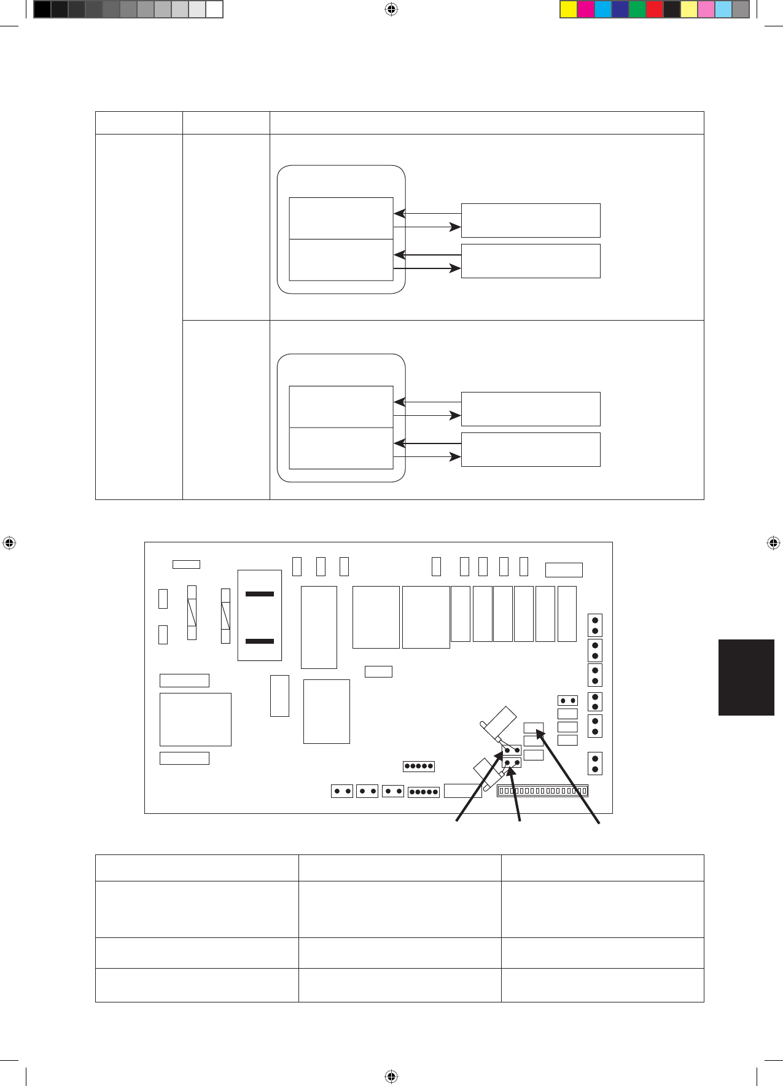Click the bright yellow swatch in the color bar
pyautogui.click(x=569, y=9)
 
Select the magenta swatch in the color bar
pyautogui.click(x=586, y=9)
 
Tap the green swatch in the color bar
pyautogui.click(x=637, y=9)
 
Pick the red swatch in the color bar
pyautogui.click(x=655, y=9)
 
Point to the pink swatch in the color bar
pyautogui.click(x=706, y=9)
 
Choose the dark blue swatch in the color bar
pyautogui.click(x=620, y=9)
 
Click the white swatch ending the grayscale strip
pyautogui.click(x=214, y=9)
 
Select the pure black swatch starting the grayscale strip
pyautogui.click(x=42, y=9)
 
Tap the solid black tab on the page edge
pyautogui.click(x=746, y=677)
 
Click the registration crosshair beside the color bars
pyautogui.click(x=391, y=9)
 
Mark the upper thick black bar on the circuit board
pyautogui.click(x=260, y=594)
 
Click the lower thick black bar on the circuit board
pyautogui.click(x=260, y=641)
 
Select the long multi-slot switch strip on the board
pyautogui.click(x=542, y=791)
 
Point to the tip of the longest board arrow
pyautogui.click(x=538, y=730)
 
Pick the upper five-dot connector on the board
pyautogui.click(x=419, y=766)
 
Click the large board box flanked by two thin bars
pyautogui.click(x=195, y=719)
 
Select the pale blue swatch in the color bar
pyautogui.click(x=723, y=9)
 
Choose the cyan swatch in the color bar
pyautogui.click(x=603, y=9)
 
